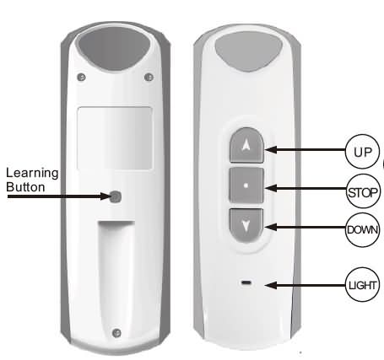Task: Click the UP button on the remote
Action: pyautogui.click(x=246, y=145)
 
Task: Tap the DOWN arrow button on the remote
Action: pyautogui.click(x=246, y=225)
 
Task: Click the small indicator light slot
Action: pyautogui.click(x=246, y=282)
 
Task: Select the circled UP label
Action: pyautogui.click(x=362, y=152)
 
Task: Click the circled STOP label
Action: pyautogui.click(x=363, y=191)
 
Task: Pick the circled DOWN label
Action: pyautogui.click(x=362, y=229)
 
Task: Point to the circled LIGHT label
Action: pyautogui.click(x=362, y=285)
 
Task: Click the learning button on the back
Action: pyautogui.click(x=116, y=197)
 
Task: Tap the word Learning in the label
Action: pyautogui.click(x=32, y=174)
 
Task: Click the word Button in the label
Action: pyautogui.click(x=25, y=187)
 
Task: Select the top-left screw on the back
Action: pyautogui.click(x=82, y=77)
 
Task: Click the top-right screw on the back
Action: pyautogui.click(x=149, y=77)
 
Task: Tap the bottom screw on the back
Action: pyautogui.click(x=116, y=333)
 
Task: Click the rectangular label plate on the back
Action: pyautogui.click(x=115, y=138)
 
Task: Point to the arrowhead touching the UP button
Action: pyautogui.click(x=271, y=149)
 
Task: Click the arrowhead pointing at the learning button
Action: pyautogui.click(x=104, y=196)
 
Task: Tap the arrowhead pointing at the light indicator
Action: pyautogui.click(x=271, y=286)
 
